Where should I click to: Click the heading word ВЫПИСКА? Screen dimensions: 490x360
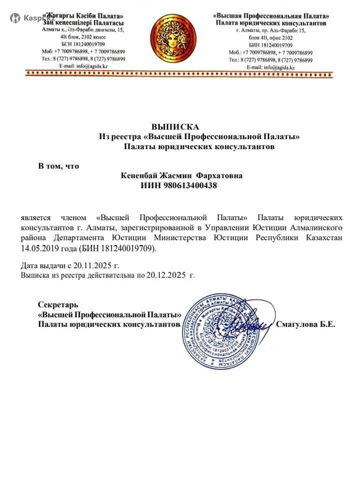tap(175, 127)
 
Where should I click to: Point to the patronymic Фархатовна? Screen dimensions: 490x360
tap(219, 176)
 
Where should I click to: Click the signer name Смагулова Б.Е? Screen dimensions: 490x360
tap(305, 324)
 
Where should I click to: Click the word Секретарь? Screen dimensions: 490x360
tap(58, 304)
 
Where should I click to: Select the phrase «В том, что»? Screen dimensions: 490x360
tap(59, 166)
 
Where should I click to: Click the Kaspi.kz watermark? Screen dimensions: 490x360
tap(32, 18)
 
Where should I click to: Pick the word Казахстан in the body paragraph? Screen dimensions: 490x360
tap(323, 237)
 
